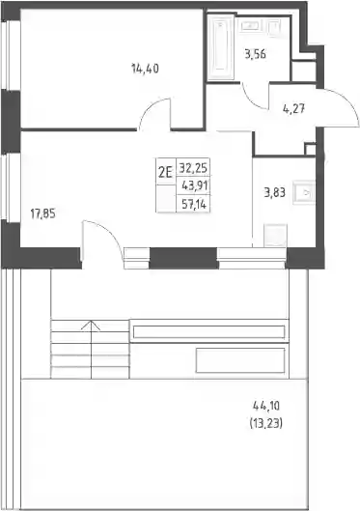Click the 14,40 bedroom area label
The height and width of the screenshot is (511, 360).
(145, 69)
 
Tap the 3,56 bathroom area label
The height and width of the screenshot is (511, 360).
(255, 54)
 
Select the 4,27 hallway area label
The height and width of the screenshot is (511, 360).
(293, 109)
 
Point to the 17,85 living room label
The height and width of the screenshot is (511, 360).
(43, 214)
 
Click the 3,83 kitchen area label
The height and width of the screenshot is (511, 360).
(275, 192)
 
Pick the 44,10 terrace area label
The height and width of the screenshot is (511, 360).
(266, 406)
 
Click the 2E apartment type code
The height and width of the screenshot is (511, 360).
(165, 172)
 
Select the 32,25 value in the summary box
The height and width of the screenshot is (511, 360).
(193, 168)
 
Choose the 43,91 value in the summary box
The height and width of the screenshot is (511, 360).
(194, 186)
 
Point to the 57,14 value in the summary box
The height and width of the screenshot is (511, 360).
(195, 205)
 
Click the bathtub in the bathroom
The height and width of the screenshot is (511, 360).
(221, 45)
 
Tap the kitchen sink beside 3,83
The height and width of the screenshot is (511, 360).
(304, 192)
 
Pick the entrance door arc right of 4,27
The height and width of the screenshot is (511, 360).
(346, 102)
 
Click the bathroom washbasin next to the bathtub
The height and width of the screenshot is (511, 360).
(249, 25)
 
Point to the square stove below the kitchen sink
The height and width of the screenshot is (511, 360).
(275, 235)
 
